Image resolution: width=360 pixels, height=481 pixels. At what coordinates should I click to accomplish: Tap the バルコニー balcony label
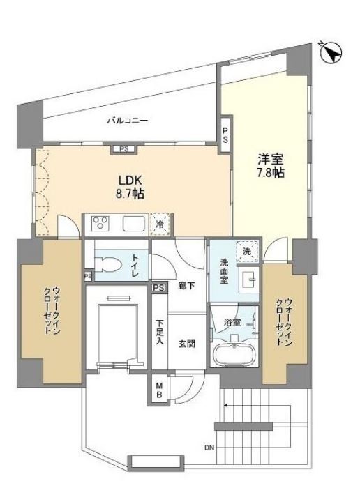(128, 120)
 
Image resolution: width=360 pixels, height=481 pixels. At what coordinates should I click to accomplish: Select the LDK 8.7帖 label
(130, 187)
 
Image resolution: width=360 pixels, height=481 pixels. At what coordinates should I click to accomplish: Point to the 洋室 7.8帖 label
(271, 166)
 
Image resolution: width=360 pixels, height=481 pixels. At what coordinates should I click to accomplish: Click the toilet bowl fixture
(106, 265)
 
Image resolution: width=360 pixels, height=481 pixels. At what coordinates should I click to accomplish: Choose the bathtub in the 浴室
(235, 355)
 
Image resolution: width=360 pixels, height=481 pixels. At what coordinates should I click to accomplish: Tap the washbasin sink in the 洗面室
(249, 280)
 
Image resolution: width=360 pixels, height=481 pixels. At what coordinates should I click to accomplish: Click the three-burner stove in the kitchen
(100, 223)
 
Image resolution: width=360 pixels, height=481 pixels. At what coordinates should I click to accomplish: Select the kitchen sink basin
(134, 223)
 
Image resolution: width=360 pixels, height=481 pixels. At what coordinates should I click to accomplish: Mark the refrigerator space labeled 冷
(160, 224)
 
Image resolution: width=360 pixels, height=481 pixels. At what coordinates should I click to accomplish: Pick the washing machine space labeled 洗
(247, 252)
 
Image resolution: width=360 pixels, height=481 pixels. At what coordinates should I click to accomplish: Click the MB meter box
(159, 390)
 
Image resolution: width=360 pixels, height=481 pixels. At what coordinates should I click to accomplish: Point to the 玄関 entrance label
(186, 344)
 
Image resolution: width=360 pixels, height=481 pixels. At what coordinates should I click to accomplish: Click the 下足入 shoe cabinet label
(159, 332)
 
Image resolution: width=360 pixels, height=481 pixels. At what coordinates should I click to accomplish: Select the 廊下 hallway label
(186, 286)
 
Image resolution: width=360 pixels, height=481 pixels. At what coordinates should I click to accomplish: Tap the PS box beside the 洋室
(225, 135)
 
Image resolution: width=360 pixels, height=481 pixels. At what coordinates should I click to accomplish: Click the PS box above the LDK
(124, 149)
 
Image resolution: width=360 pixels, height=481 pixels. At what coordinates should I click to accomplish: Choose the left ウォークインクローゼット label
(52, 310)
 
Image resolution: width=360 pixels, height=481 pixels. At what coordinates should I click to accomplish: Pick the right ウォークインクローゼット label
(283, 322)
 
